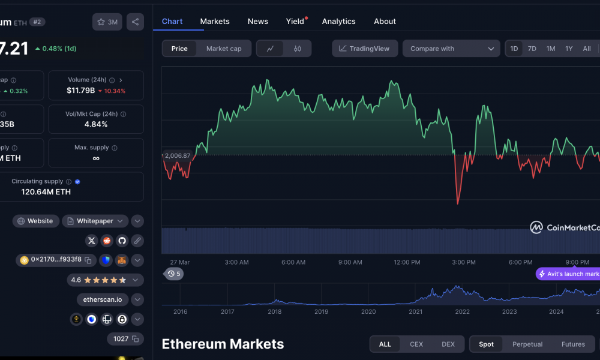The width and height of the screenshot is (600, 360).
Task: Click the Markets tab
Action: point(215,21)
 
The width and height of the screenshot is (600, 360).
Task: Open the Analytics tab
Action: point(338,21)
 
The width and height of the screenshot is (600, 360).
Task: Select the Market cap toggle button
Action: point(224,49)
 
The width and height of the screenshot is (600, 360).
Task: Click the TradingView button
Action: point(365,49)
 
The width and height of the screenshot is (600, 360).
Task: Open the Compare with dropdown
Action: point(451,49)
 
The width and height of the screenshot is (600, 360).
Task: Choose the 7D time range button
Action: point(532,49)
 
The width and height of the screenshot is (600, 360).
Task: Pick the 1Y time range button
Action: point(569,49)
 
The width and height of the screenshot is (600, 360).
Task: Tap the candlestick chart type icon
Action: point(297,49)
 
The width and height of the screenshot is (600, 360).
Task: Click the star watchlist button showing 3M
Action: point(107,22)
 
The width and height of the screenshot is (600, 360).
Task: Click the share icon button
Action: point(135,22)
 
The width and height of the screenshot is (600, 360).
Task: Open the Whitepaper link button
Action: point(95,221)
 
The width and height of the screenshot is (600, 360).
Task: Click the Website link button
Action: point(36,221)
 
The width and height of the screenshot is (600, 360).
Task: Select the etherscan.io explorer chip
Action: point(103,299)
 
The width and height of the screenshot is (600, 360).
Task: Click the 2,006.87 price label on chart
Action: point(178,155)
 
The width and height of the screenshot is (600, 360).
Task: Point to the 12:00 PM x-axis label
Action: point(407,262)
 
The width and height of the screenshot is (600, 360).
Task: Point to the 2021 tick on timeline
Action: point(415,311)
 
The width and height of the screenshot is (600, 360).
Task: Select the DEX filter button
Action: point(448,344)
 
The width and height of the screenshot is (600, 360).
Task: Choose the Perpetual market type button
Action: point(527,344)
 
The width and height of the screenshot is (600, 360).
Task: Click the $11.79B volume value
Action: point(80,91)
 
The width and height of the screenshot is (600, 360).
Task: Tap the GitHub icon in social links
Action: point(122,241)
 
